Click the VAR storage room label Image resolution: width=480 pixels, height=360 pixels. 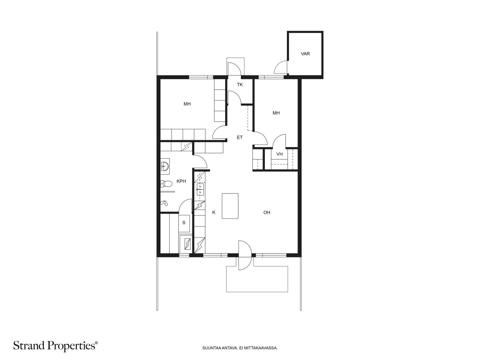tap(305, 54)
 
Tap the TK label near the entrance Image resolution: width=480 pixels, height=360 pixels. tap(240, 85)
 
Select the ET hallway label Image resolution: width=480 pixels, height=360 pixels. tap(240, 137)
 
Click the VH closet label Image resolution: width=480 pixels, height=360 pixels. tap(279, 154)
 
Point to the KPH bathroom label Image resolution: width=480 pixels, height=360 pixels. tap(181, 181)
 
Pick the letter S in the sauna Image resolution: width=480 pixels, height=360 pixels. tap(184, 223)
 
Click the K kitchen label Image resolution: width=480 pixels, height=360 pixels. tap(214, 212)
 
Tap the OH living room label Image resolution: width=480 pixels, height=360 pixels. tap(267, 212)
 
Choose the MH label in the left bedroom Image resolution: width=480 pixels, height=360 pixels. tap(187, 104)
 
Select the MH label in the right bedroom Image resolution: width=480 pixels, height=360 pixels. tap(276, 113)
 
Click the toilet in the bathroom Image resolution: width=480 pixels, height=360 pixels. tap(166, 184)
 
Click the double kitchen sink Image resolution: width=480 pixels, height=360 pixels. tap(200, 190)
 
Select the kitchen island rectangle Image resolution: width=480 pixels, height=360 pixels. tap(230, 206)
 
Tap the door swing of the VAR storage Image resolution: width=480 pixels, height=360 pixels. tap(280, 67)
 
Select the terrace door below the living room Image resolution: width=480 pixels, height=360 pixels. tap(245, 255)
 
